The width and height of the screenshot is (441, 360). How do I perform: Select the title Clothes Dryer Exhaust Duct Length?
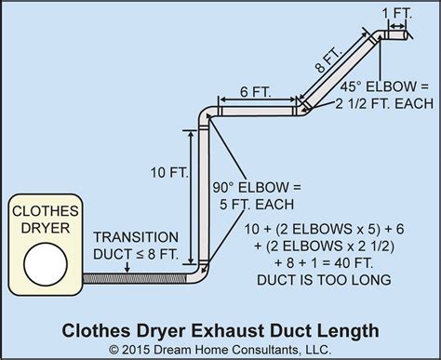pos(220,327)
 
